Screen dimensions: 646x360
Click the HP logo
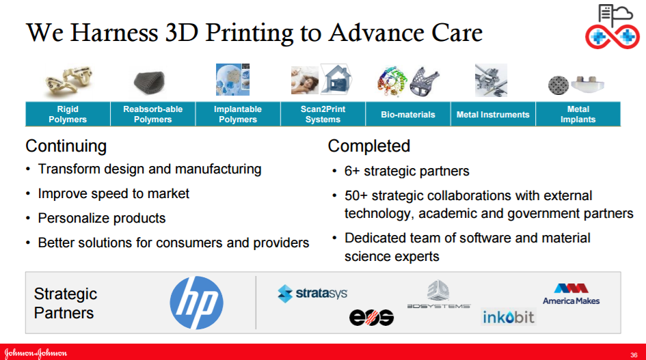click(x=196, y=303)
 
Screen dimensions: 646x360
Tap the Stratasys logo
click(x=312, y=294)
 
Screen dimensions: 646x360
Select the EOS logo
click(x=372, y=318)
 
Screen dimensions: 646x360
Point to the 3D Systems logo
click(x=439, y=294)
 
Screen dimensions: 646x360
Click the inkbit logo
click(x=509, y=317)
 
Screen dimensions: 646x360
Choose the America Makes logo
click(x=571, y=294)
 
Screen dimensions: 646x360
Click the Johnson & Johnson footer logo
click(x=36, y=353)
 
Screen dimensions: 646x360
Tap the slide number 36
click(x=634, y=355)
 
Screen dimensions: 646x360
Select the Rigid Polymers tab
click(x=68, y=114)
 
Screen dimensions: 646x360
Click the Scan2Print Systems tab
click(x=323, y=114)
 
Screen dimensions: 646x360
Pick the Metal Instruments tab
click(x=493, y=114)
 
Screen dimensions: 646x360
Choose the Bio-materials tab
click(x=408, y=114)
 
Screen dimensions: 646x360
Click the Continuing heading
click(x=66, y=146)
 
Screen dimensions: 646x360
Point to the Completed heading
click(x=369, y=146)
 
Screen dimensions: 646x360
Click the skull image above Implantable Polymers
click(x=233, y=79)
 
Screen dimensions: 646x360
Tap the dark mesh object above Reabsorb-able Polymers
click(x=150, y=81)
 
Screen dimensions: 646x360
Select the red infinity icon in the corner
click(x=613, y=37)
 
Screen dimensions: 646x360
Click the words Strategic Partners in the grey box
click(x=66, y=303)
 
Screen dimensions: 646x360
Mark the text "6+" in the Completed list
click(x=352, y=171)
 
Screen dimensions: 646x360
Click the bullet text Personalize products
click(x=102, y=218)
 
